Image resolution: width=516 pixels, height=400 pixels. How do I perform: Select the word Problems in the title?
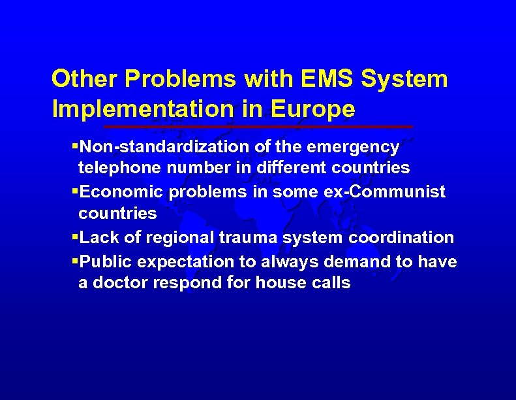point(180,79)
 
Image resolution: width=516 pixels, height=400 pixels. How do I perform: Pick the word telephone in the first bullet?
point(119,168)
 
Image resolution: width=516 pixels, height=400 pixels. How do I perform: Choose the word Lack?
point(95,237)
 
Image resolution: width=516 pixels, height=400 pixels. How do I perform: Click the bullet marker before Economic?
point(74,192)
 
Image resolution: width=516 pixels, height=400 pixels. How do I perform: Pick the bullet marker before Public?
point(74,261)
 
